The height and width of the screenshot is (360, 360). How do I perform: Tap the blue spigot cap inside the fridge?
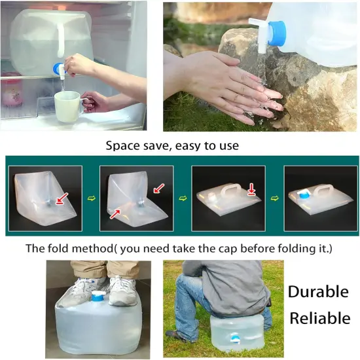coord(63,67)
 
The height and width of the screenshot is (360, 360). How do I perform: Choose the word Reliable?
coord(320,319)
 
